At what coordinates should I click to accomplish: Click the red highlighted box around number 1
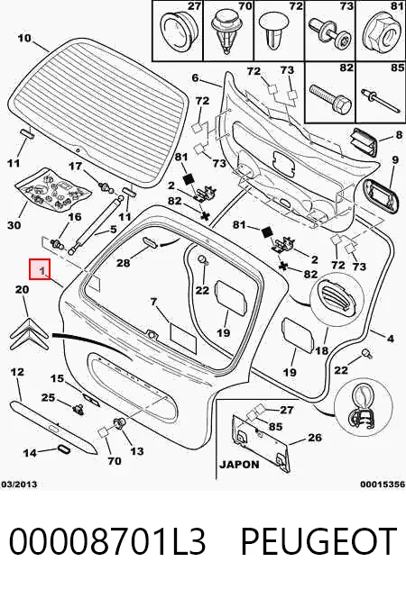coord(40,269)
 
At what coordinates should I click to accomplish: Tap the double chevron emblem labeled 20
coord(29,333)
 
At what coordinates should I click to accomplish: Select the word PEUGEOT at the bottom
coord(318,541)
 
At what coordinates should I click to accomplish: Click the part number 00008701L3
coord(107,541)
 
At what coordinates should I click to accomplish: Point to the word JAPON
coord(239,465)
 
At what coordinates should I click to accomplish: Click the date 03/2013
coord(19,485)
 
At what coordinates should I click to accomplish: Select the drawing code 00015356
coord(383,485)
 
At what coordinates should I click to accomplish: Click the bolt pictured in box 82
coord(330,97)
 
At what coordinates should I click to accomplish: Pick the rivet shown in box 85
coord(380,100)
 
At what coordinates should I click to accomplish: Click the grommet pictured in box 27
coord(177,29)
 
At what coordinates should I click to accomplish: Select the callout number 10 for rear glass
coord(24,38)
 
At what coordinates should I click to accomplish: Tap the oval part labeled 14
coord(62,449)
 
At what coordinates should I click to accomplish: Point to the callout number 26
coord(315,438)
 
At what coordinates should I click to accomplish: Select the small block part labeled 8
coord(364,141)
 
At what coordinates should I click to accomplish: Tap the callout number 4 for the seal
coord(391,339)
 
